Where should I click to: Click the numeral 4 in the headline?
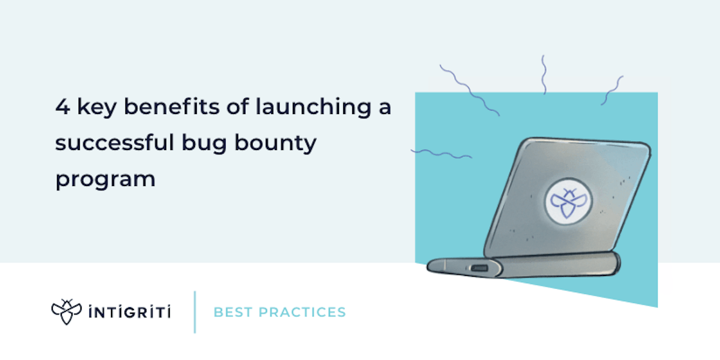pos(62,109)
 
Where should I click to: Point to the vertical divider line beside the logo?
pos(195,312)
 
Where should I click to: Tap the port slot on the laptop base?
pos(478,268)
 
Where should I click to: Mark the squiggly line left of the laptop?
pos(441,154)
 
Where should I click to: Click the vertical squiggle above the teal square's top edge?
pos(544,74)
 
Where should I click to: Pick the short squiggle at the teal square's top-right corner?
pos(611,91)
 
